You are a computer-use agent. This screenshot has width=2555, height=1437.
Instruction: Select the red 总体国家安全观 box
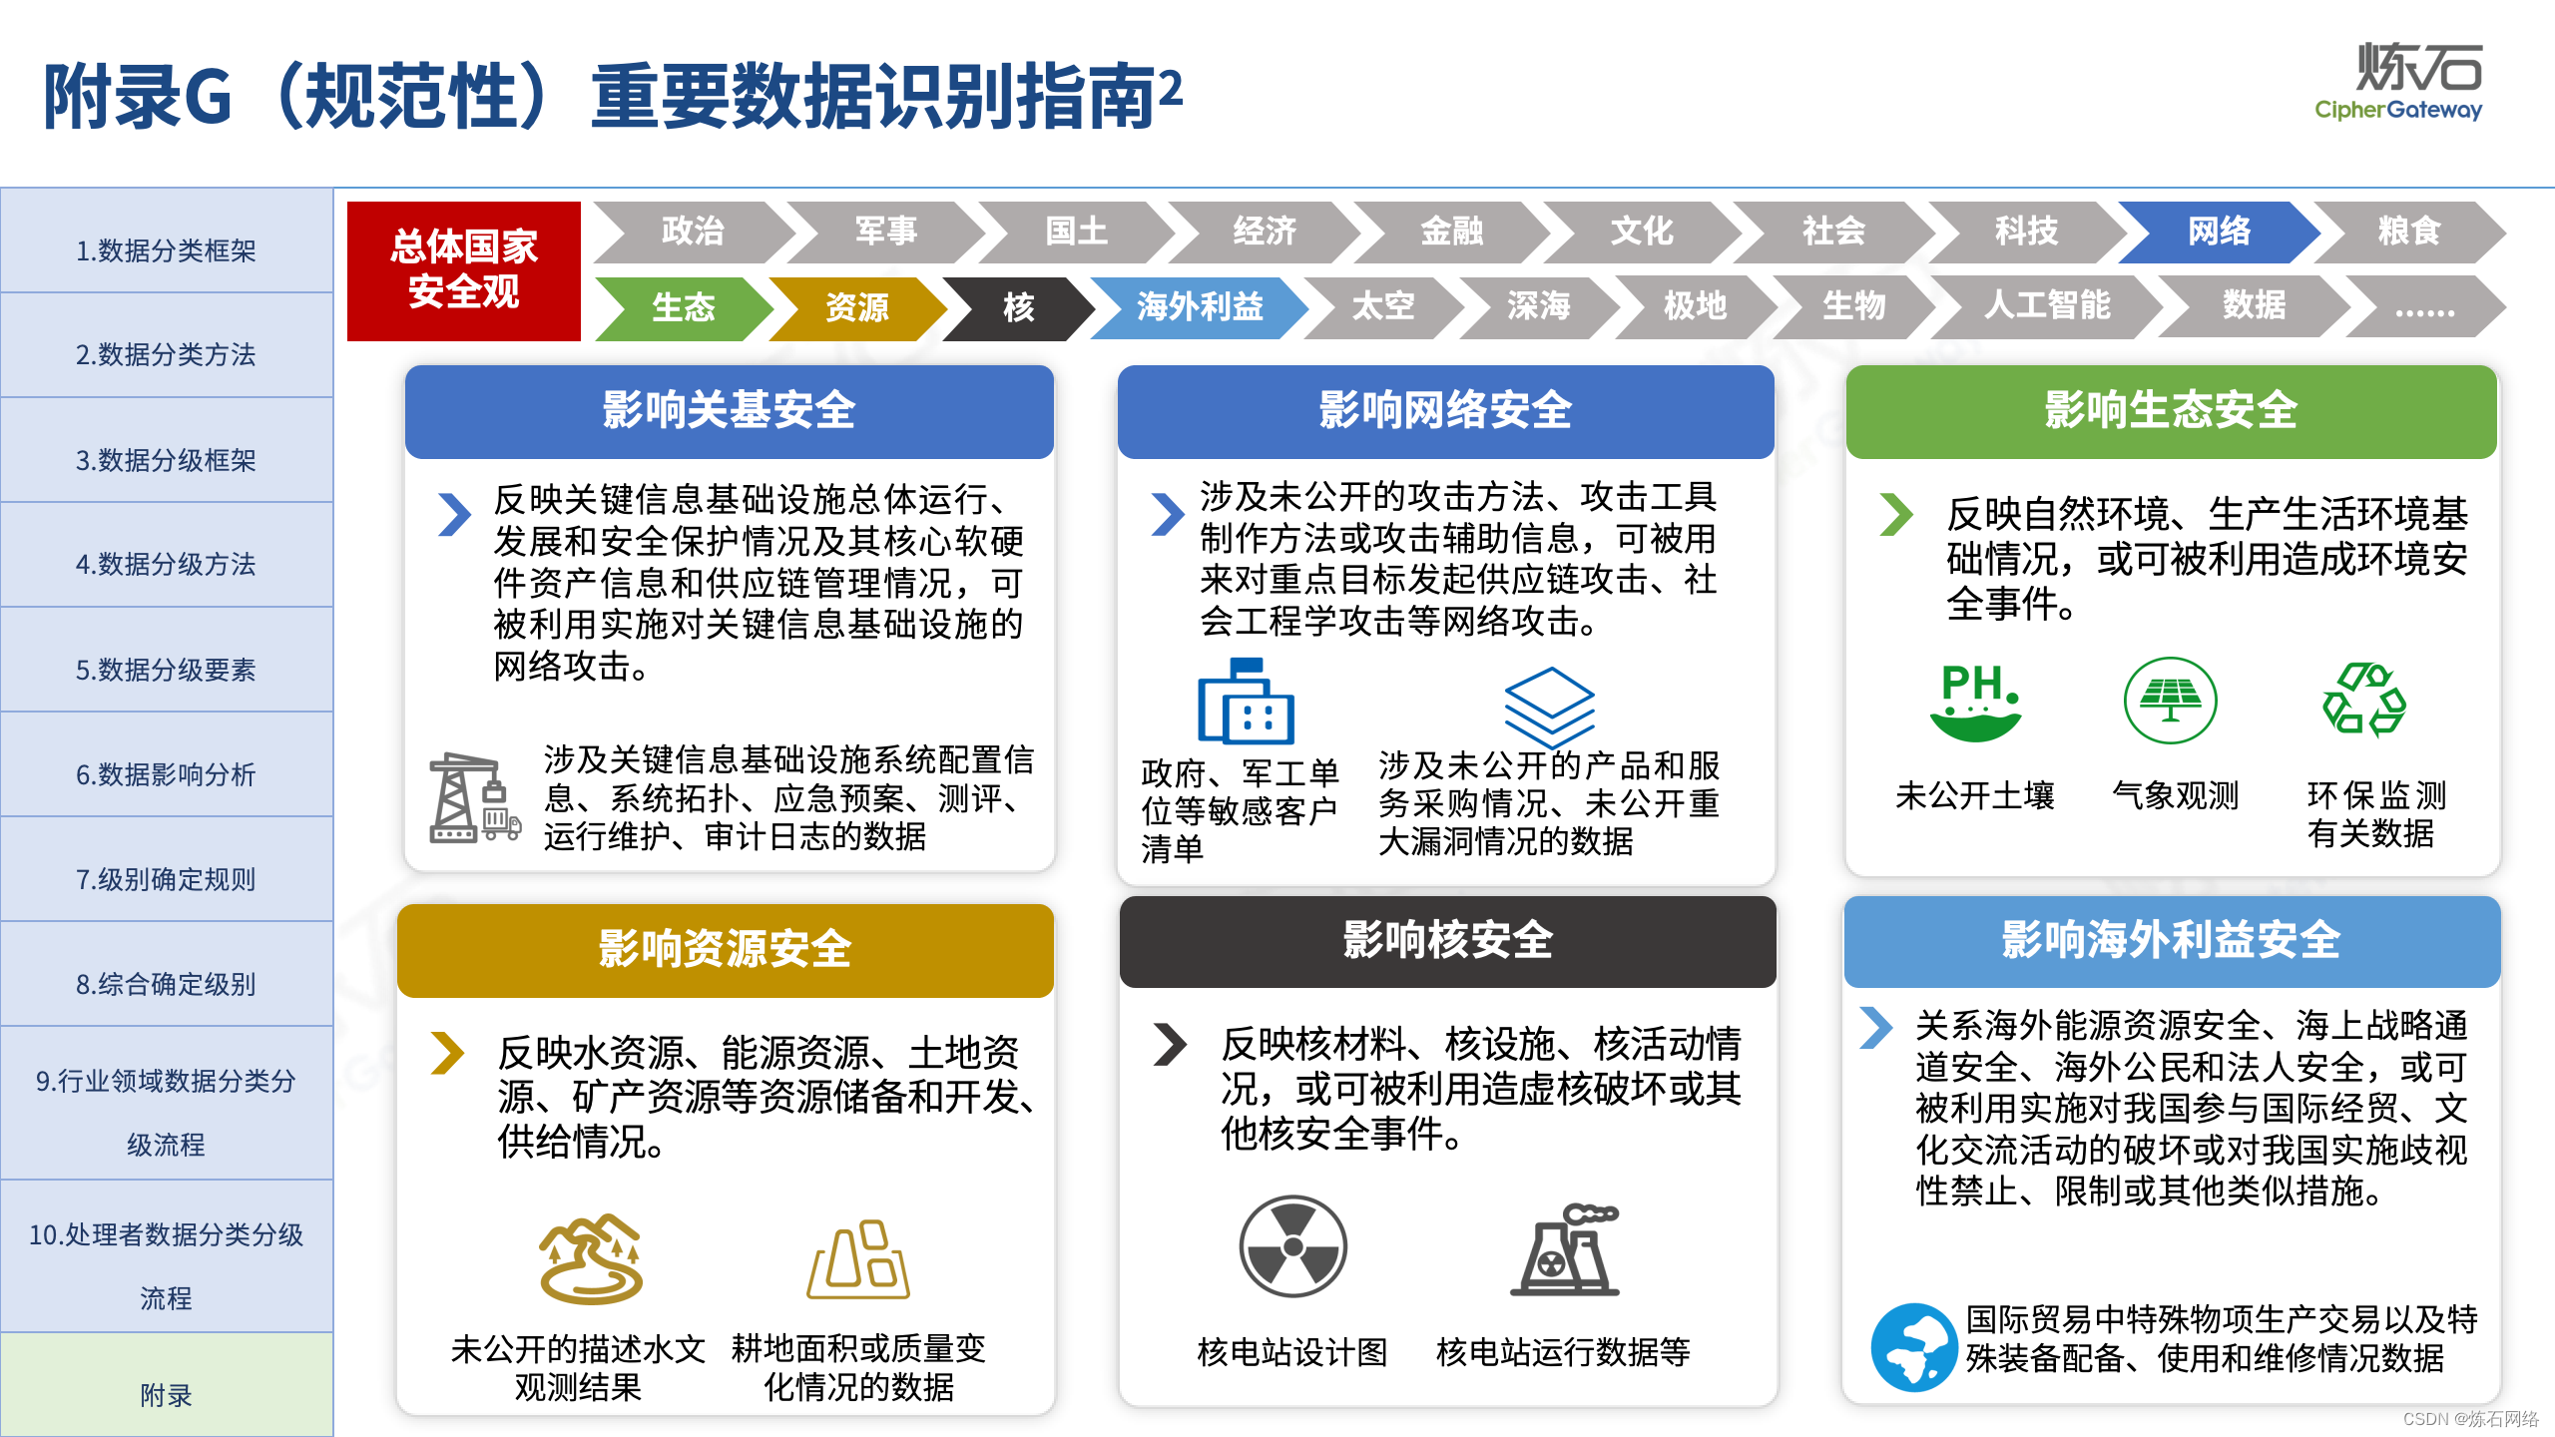[464, 270]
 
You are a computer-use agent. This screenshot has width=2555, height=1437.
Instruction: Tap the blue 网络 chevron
[2218, 232]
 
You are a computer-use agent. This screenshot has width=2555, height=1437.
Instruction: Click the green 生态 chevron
[683, 307]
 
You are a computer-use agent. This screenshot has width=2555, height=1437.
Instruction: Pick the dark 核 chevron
[1018, 307]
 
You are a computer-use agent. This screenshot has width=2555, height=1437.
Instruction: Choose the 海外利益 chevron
[1199, 306]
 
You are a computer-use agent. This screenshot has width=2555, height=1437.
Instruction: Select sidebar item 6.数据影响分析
[166, 774]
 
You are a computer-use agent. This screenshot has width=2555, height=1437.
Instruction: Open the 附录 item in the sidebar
[166, 1394]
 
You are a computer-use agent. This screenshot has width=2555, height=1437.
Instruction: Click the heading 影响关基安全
[729, 410]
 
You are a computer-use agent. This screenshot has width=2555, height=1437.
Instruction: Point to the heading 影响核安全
[1447, 940]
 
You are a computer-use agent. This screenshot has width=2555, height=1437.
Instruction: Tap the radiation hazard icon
[1292, 1246]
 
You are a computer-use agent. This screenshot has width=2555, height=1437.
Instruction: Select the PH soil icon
[1975, 702]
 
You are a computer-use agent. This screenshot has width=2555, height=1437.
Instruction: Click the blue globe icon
[1912, 1347]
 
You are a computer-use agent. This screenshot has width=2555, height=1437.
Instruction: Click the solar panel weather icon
[2170, 701]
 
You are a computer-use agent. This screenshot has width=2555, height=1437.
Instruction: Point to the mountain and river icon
[591, 1258]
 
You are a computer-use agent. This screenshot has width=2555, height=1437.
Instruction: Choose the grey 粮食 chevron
[2407, 232]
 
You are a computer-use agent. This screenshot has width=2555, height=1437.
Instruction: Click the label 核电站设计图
[1292, 1352]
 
